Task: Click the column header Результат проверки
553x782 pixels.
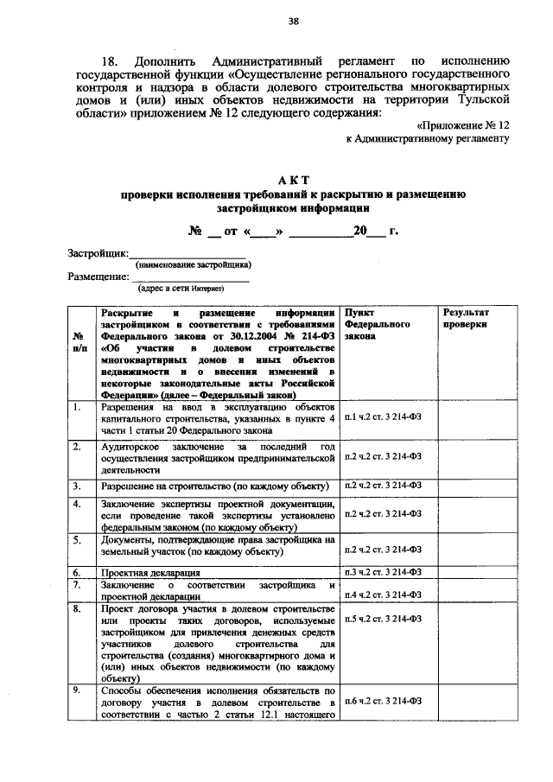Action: [466, 317]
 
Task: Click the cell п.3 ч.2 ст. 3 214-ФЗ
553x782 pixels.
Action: [382, 571]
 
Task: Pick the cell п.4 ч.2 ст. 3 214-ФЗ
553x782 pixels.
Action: [382, 594]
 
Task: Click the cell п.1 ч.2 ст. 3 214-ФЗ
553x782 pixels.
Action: [382, 417]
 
